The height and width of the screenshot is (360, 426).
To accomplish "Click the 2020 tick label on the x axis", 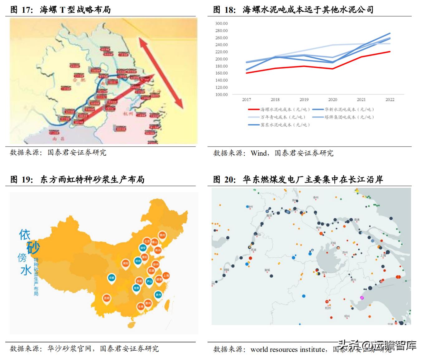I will pyautogui.click(x=333, y=100).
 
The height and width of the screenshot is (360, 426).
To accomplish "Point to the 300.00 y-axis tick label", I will pyautogui.click(x=221, y=23).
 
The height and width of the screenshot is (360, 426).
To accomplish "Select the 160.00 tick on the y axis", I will pyautogui.click(x=221, y=73).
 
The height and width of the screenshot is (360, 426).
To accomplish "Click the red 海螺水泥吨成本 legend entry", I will pyautogui.click(x=279, y=109).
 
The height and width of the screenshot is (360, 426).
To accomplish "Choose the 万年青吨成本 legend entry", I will pyautogui.click(x=277, y=117).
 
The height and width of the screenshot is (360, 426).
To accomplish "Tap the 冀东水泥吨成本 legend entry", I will pyautogui.click(x=279, y=125).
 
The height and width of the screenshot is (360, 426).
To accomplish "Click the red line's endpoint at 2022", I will pyautogui.click(x=390, y=52).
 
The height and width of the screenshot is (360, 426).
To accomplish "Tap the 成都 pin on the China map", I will pyautogui.click(x=112, y=278).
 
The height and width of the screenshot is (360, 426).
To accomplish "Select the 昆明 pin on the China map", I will pyautogui.click(x=107, y=298).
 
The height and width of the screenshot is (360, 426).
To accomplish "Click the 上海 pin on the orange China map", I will pyautogui.click(x=166, y=275).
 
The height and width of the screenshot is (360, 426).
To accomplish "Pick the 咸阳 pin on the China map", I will pyautogui.click(x=125, y=263).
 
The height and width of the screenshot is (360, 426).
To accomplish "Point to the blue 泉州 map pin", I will pyautogui.click(x=158, y=295).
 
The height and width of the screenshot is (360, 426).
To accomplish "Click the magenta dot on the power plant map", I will pyautogui.click(x=362, y=298).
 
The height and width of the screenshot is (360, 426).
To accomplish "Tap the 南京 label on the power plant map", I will pyautogui.click(x=269, y=216).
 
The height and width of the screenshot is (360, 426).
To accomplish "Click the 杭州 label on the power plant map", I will pyautogui.click(x=328, y=308).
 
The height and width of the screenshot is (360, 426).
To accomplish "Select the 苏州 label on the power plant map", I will pyautogui.click(x=345, y=253).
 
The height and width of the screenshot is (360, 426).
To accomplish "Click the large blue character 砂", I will pyautogui.click(x=33, y=248).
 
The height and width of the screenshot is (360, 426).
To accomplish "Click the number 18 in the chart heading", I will pyautogui.click(x=230, y=10).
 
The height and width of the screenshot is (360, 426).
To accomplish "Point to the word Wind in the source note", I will pyautogui.click(x=258, y=153).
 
